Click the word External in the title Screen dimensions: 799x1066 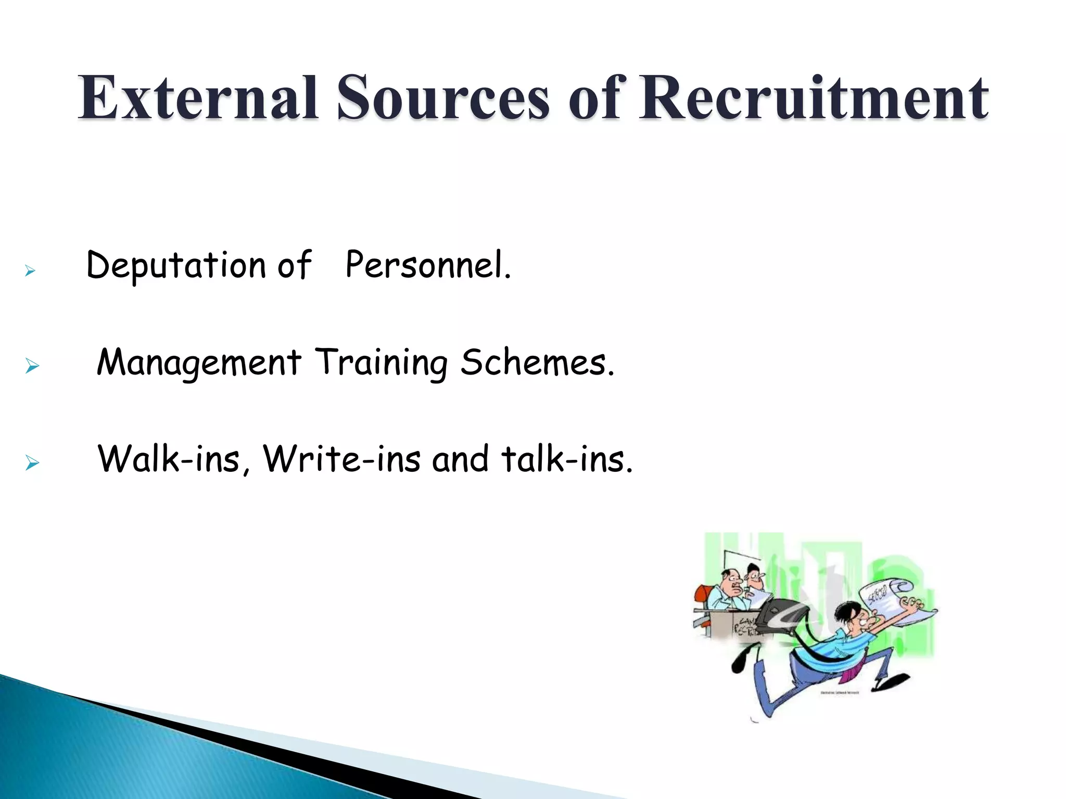(x=198, y=98)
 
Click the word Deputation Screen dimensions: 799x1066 (x=176, y=266)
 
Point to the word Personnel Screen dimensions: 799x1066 (x=428, y=265)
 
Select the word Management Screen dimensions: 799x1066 (x=199, y=363)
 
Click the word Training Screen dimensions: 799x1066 (x=381, y=363)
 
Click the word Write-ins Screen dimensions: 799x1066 (x=341, y=459)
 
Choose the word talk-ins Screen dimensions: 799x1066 (x=567, y=459)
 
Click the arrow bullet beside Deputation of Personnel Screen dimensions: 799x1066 (x=30, y=270)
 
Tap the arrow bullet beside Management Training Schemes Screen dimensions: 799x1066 (x=32, y=366)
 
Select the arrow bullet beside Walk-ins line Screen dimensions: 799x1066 (x=32, y=462)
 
